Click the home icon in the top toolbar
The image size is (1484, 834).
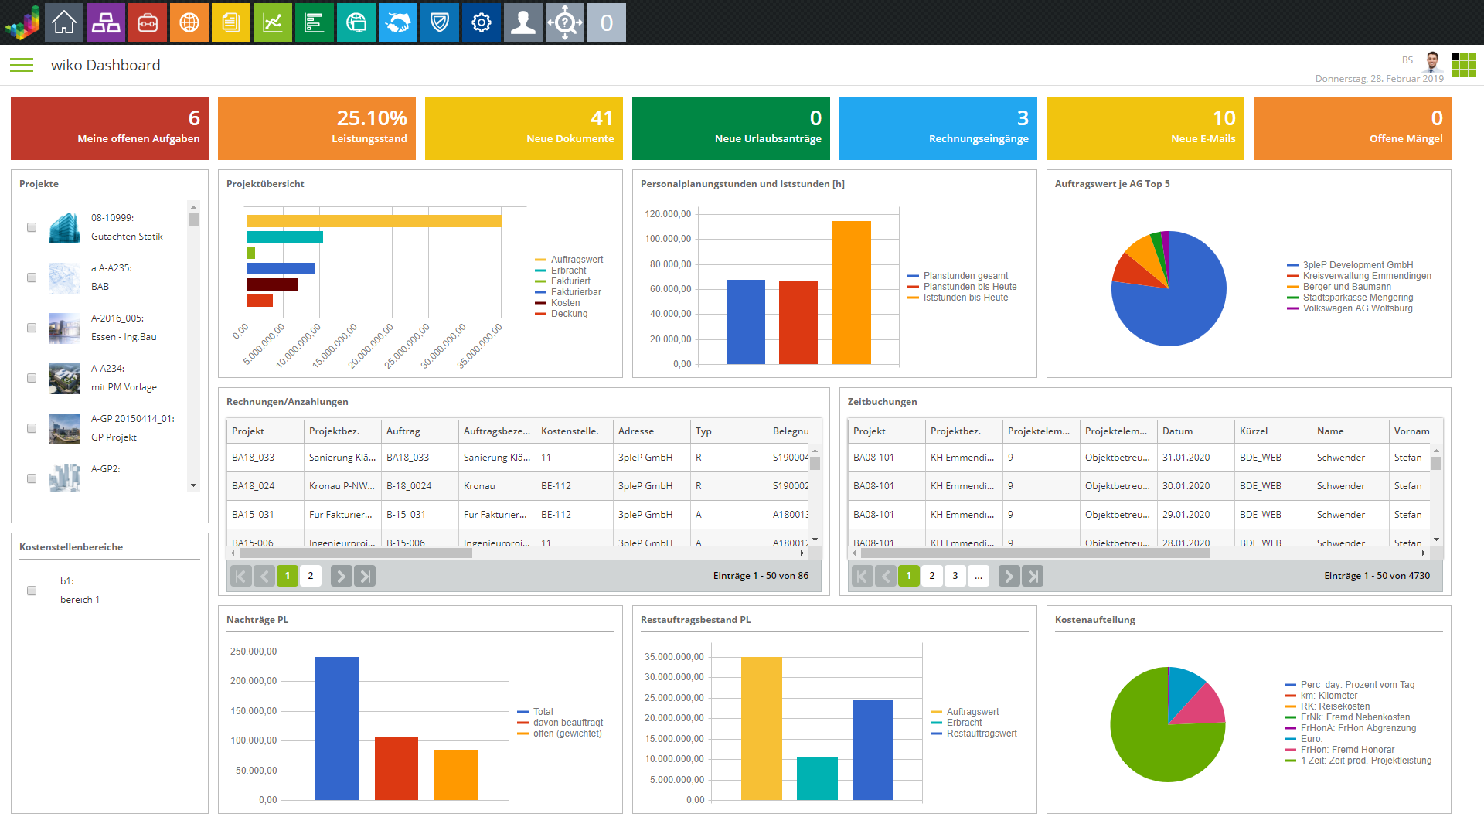[x=64, y=22]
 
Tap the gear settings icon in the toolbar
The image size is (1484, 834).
[x=481, y=22]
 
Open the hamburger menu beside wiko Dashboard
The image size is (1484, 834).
[x=22, y=65]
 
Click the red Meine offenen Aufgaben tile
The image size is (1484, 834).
[x=110, y=128]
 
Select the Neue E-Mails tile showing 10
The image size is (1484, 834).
[x=1145, y=128]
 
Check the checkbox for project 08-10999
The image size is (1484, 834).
[x=32, y=227]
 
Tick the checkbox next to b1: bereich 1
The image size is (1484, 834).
[x=32, y=591]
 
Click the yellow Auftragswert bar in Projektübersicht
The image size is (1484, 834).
[x=373, y=221]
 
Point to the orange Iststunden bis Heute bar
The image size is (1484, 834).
[x=851, y=292]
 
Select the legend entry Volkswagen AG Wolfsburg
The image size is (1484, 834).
[x=1357, y=308]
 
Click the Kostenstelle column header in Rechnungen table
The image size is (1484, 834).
[x=570, y=431]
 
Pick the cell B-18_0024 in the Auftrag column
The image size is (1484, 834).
[x=409, y=486]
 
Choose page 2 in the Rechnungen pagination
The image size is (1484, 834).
[x=311, y=576]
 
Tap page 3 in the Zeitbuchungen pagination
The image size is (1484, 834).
[x=955, y=576]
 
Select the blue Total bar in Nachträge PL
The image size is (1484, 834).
[x=337, y=728]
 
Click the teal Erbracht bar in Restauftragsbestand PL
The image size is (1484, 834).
[x=817, y=778]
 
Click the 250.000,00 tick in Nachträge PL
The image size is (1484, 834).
[x=254, y=652]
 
